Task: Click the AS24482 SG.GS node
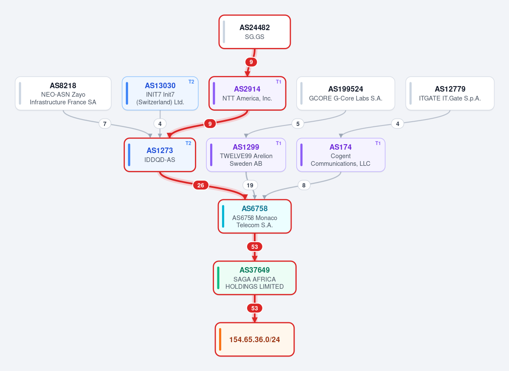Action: tap(255, 32)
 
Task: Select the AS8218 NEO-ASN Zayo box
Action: tap(63, 93)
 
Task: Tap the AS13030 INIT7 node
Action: tap(160, 93)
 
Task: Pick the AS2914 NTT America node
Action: tap(247, 93)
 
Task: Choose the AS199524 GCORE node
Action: tap(346, 93)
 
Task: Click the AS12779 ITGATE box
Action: tap(450, 93)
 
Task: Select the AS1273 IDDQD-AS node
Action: tap(160, 155)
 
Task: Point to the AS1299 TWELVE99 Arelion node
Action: tap(246, 155)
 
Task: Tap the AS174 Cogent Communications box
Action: tap(341, 155)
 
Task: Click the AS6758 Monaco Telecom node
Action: tap(255, 216)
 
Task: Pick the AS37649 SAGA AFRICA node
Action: tap(255, 278)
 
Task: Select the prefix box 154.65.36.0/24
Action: tap(255, 339)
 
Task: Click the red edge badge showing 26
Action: tap(201, 185)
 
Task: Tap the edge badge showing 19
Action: tap(250, 185)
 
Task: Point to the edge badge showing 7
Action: tap(104, 123)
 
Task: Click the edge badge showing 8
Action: tap(304, 185)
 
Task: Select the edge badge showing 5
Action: tap(298, 123)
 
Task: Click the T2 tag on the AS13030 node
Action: tap(191, 82)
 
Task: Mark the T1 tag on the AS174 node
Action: tap(378, 143)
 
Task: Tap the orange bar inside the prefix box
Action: tap(220, 339)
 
